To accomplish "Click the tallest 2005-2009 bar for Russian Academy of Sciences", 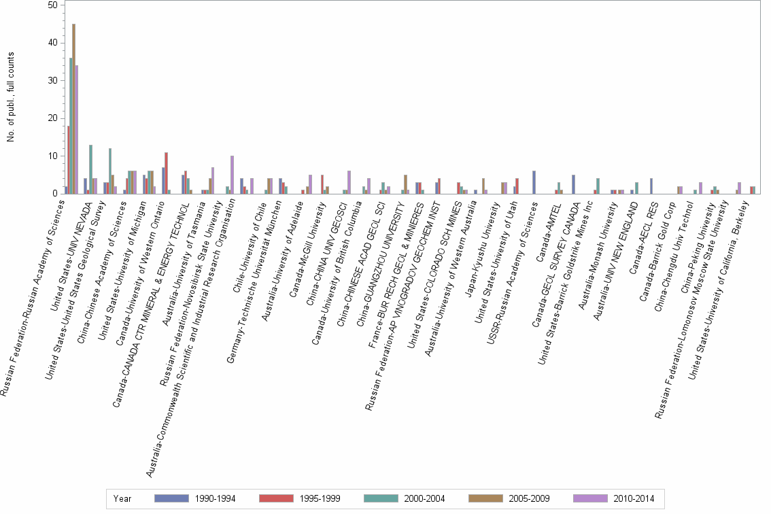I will click(x=73, y=109).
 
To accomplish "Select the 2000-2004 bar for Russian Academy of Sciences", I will click(x=70, y=126).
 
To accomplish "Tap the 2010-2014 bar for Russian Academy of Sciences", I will click(x=77, y=129).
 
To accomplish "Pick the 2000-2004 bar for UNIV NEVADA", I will click(x=90, y=169).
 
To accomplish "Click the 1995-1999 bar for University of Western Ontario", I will click(x=166, y=173).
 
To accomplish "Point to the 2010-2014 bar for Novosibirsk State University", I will click(x=232, y=175).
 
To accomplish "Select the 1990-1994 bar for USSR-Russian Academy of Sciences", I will click(x=534, y=182).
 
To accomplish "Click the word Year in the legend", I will click(x=123, y=498).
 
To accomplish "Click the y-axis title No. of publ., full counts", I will click(x=11, y=99).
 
